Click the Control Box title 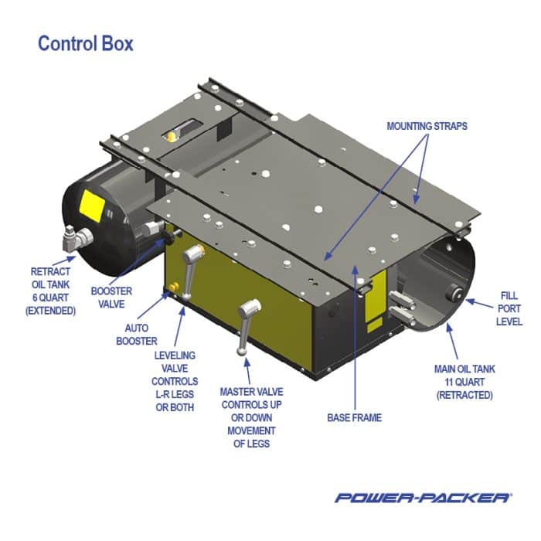click(x=85, y=43)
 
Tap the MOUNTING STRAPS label click(x=427, y=125)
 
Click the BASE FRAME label click(x=354, y=418)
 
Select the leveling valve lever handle click(x=189, y=260)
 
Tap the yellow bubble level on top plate click(x=168, y=137)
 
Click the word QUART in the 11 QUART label click(x=469, y=382)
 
